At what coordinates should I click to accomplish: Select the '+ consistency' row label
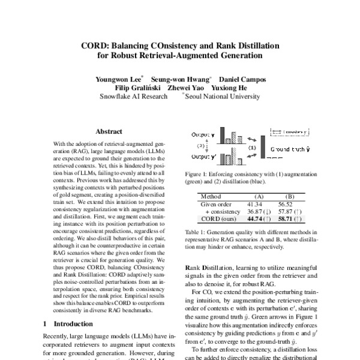221,212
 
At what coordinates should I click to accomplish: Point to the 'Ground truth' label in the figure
290,148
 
